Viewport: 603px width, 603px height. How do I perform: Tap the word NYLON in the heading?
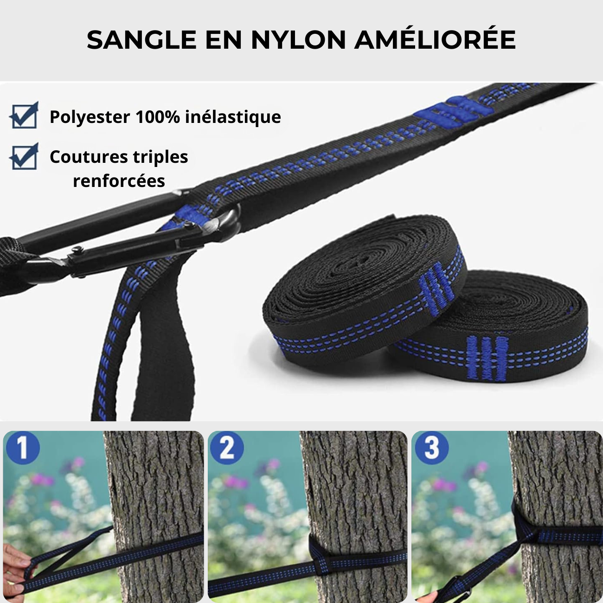[298, 40]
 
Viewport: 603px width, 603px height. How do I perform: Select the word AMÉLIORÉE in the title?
[435, 40]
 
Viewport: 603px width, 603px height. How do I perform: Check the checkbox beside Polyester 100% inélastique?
[24, 115]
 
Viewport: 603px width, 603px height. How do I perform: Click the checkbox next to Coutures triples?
[24, 157]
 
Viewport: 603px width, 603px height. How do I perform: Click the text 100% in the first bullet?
[157, 117]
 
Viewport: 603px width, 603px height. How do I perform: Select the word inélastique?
[233, 117]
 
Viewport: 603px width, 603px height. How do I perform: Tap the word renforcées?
[119, 181]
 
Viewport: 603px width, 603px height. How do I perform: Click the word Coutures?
[82, 157]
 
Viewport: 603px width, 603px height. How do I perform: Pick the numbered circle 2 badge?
[226, 448]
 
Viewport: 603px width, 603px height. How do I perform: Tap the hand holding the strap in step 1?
[13, 568]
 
